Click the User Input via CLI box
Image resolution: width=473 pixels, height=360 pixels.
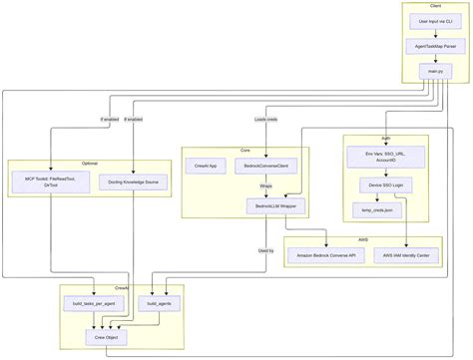coord(435,21)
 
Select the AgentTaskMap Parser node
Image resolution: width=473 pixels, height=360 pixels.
coord(435,47)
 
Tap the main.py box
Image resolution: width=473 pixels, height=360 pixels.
coord(435,72)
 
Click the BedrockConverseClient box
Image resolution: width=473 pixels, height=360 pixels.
coord(266,167)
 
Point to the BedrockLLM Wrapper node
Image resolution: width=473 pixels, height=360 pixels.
coord(277,205)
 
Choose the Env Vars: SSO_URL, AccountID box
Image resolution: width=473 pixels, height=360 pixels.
coord(385,157)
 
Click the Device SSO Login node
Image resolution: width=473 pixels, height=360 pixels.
coord(385,185)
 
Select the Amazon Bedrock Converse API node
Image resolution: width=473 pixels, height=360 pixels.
coord(326,255)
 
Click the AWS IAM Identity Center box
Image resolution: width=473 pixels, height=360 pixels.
coord(407,255)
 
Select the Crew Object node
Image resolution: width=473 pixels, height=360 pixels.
coord(107,338)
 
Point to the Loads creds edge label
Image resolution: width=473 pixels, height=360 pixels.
coord(266,120)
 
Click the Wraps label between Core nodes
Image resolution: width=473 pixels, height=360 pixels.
coord(266,185)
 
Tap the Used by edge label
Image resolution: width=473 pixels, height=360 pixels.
coord(265,250)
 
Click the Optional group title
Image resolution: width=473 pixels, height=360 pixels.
coord(90,162)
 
